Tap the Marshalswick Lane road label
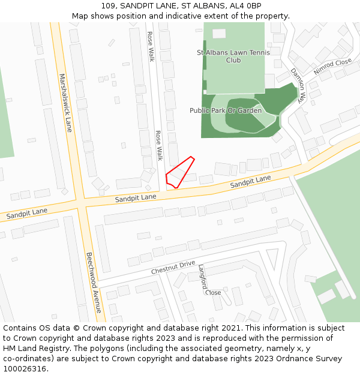click(x=65, y=103)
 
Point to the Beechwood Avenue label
click(x=93, y=282)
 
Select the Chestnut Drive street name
click(x=173, y=268)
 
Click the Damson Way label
click(x=298, y=85)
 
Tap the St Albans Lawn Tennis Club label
click(x=233, y=56)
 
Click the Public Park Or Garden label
click(x=226, y=110)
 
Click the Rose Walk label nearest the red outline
click(x=159, y=146)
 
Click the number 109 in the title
click(x=108, y=6)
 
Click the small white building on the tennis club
click(x=219, y=34)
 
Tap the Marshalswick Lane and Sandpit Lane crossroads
click(x=80, y=202)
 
